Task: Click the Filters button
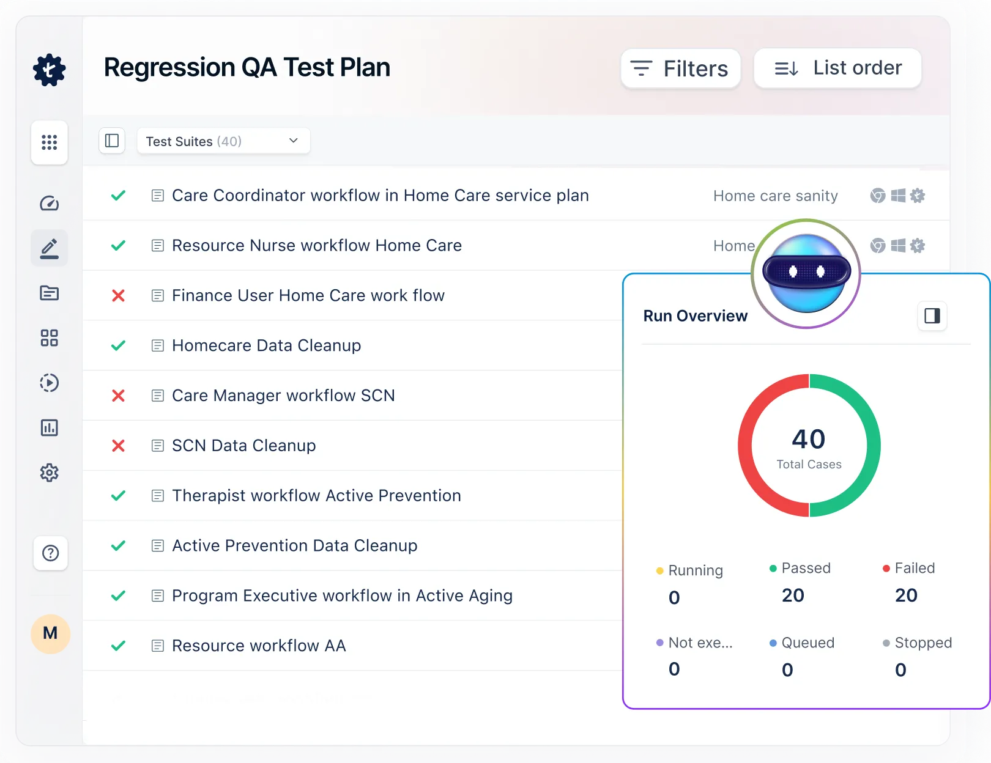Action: [680, 68]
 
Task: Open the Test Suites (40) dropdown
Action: [223, 141]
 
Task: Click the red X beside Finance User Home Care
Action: [118, 296]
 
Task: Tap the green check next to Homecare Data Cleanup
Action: [118, 345]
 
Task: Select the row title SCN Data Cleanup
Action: [243, 446]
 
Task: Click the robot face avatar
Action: [806, 273]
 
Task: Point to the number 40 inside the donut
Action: [808, 439]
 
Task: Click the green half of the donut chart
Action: [873, 445]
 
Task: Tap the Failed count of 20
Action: [906, 595]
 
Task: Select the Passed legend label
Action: [806, 569]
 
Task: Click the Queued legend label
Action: [807, 643]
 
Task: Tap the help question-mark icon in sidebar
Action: [50, 553]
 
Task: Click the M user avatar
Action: [50, 633]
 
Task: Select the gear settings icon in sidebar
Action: [50, 473]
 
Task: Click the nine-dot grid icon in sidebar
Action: [50, 142]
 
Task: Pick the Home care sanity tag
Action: [775, 196]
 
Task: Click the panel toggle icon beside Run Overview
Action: [932, 316]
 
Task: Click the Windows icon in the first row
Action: [898, 196]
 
